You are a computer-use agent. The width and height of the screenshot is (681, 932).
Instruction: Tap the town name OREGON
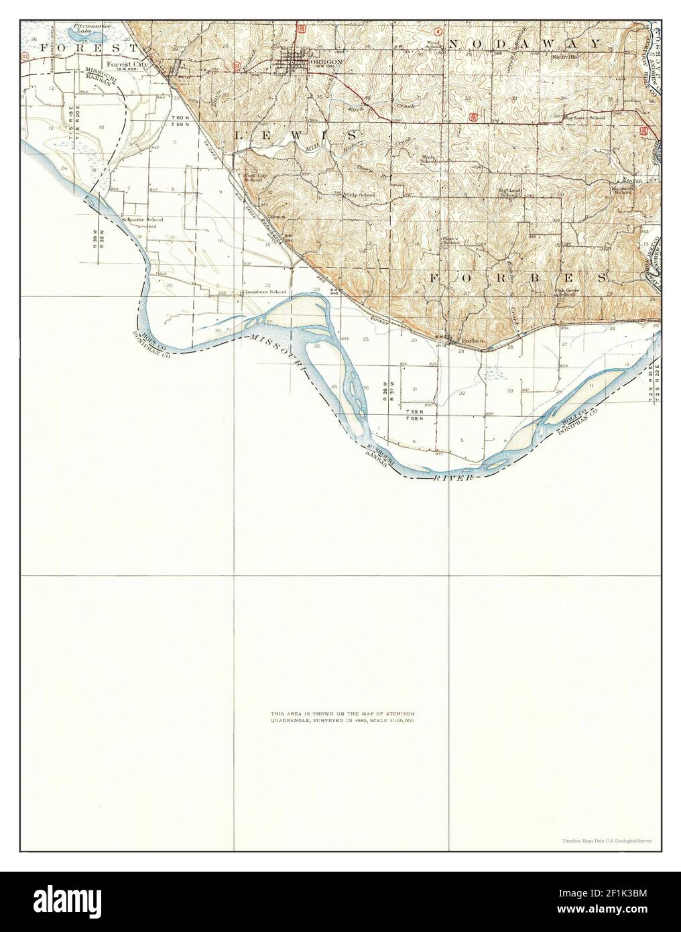[326, 61]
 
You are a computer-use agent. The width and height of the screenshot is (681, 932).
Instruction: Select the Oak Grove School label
[566, 292]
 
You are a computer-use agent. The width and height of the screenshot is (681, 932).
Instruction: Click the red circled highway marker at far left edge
[25, 58]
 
